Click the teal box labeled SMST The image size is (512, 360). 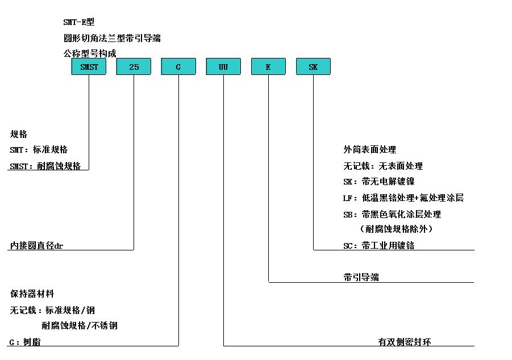pyautogui.click(x=89, y=66)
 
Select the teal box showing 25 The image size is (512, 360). pyautogui.click(x=134, y=66)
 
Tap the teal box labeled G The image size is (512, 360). pyautogui.click(x=178, y=66)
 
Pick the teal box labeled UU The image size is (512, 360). pyautogui.click(x=223, y=66)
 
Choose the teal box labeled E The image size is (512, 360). pyautogui.click(x=268, y=66)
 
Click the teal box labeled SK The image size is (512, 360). pyautogui.click(x=314, y=66)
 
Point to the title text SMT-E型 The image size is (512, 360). pyautogui.click(x=78, y=22)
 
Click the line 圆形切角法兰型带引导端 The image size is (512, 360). pyautogui.click(x=112, y=38)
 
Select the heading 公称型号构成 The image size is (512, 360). pyautogui.click(x=90, y=53)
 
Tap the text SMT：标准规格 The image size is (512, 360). pyautogui.click(x=39, y=150)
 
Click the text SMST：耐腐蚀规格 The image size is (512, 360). pyautogui.click(x=45, y=166)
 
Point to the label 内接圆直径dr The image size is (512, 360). pyautogui.click(x=36, y=245)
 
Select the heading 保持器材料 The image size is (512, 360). pyautogui.click(x=32, y=294)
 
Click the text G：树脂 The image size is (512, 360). pyautogui.click(x=25, y=342)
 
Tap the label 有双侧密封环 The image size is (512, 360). pyautogui.click(x=405, y=342)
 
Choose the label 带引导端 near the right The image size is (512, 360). pyautogui.click(x=361, y=278)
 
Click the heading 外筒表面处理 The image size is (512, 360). pyautogui.click(x=369, y=150)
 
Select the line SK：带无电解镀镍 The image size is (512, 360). pyautogui.click(x=379, y=182)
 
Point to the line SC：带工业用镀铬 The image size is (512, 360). pyautogui.click(x=379, y=245)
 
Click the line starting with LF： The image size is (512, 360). pyautogui.click(x=403, y=198)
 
